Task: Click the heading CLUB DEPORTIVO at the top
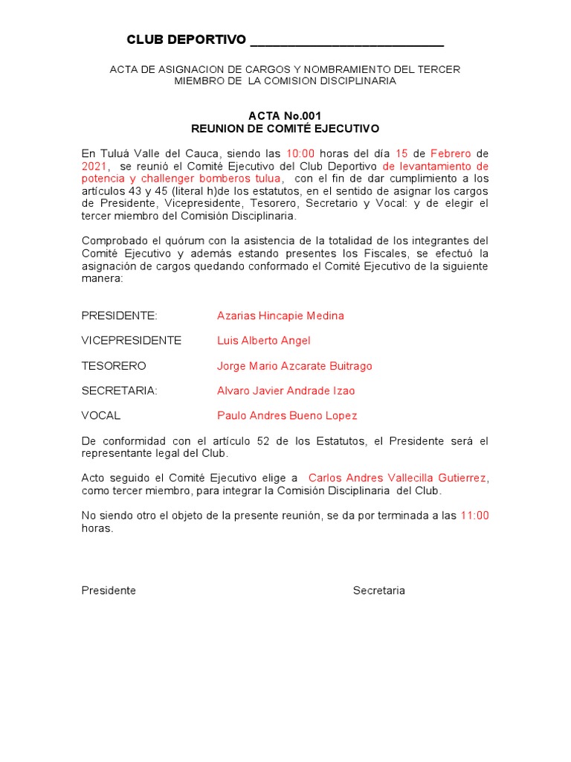click(x=186, y=39)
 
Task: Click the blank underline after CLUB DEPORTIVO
click(x=347, y=41)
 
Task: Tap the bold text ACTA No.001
click(x=285, y=116)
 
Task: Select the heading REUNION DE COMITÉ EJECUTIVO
click(x=285, y=129)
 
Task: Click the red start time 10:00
click(x=301, y=153)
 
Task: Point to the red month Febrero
click(x=451, y=153)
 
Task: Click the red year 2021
click(x=94, y=166)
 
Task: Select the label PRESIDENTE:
click(x=120, y=316)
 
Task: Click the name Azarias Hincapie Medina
click(x=280, y=316)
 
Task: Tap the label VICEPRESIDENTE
click(x=132, y=340)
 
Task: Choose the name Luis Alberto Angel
click(x=263, y=340)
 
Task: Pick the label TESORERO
click(x=114, y=365)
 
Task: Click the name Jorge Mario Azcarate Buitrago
click(x=294, y=365)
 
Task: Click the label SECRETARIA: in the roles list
click(x=120, y=391)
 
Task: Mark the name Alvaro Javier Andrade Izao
click(x=285, y=391)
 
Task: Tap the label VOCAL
click(x=101, y=415)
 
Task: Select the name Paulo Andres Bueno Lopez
click(x=287, y=415)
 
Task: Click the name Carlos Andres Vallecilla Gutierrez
click(x=398, y=477)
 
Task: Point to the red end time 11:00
click(x=475, y=515)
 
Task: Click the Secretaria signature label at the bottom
click(x=378, y=590)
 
